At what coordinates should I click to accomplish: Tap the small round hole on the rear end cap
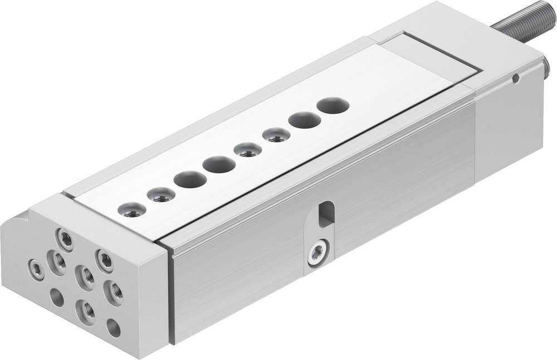click(x=516, y=79)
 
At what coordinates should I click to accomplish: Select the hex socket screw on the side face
click(x=318, y=252)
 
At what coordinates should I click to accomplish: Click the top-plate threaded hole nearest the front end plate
click(x=132, y=210)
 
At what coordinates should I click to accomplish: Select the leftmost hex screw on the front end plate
click(x=36, y=270)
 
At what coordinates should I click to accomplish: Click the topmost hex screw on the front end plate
click(x=66, y=241)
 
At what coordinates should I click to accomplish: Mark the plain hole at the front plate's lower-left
click(x=57, y=297)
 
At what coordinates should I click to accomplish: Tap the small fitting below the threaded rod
click(x=546, y=70)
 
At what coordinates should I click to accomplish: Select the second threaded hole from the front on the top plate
click(x=161, y=195)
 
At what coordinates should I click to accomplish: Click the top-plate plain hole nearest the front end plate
click(x=190, y=179)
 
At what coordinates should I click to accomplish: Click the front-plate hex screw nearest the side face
click(x=105, y=260)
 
